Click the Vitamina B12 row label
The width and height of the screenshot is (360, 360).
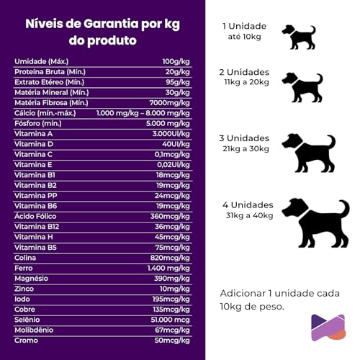(x=37, y=226)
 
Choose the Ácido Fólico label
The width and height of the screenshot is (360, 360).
(x=35, y=216)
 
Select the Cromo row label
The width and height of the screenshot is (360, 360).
(x=26, y=340)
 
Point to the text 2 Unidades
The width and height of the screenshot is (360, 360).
(x=245, y=73)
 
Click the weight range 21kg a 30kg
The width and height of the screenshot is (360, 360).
(x=246, y=148)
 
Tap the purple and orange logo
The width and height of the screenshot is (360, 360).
(x=328, y=327)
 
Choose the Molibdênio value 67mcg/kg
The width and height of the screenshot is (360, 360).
(x=177, y=329)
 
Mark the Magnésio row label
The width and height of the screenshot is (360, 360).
(x=32, y=278)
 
